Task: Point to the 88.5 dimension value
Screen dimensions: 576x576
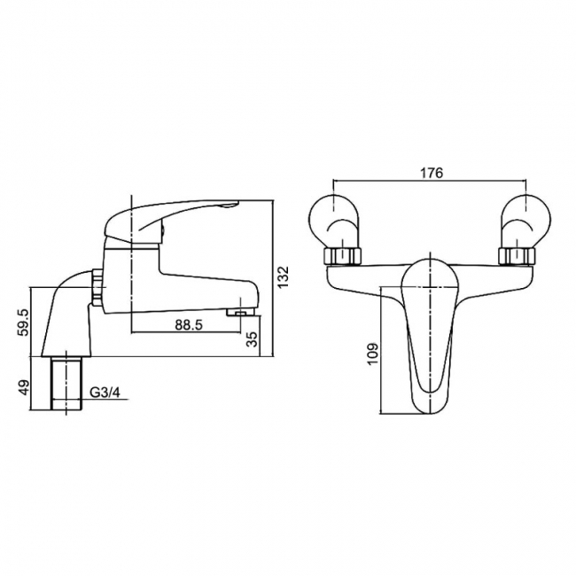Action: point(188,324)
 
